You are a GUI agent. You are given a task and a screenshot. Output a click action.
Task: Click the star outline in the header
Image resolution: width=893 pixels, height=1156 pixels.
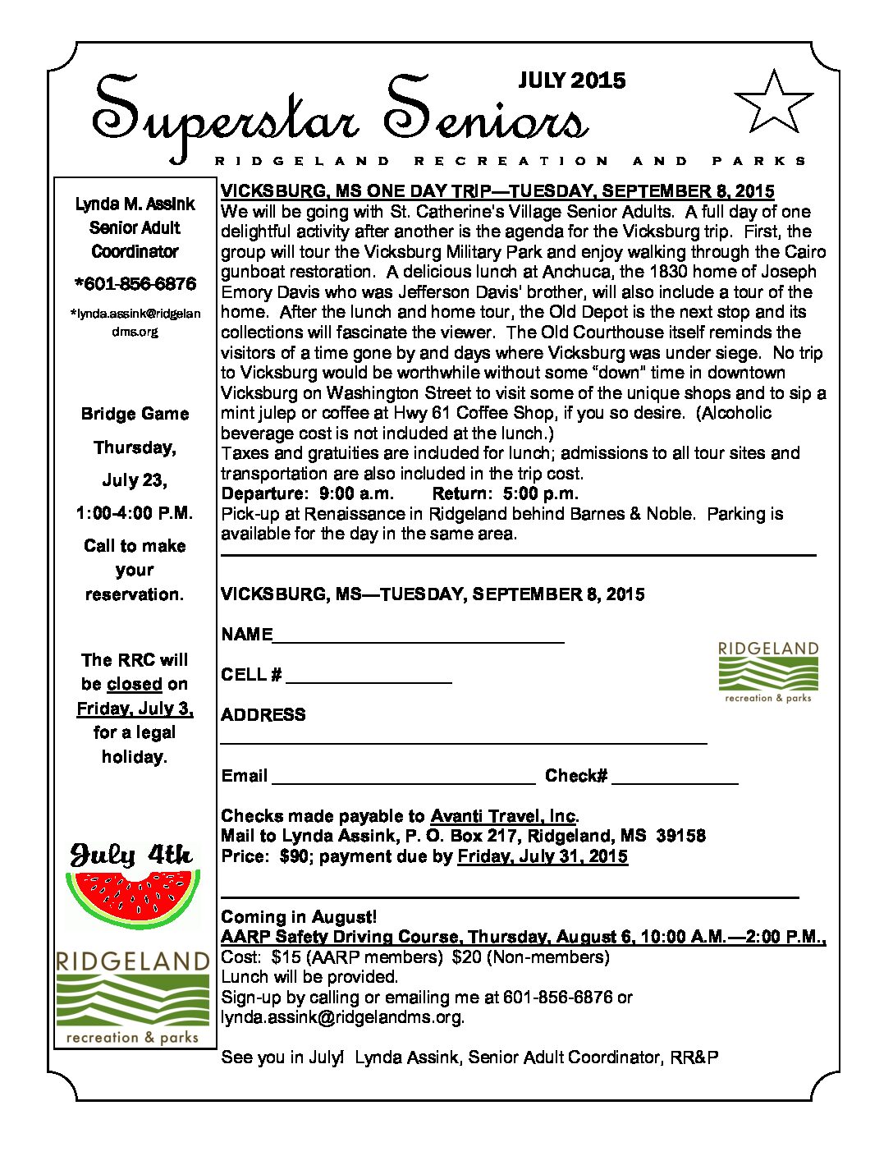[772, 103]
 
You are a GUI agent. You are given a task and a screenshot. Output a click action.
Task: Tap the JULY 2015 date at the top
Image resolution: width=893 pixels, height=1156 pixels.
[572, 80]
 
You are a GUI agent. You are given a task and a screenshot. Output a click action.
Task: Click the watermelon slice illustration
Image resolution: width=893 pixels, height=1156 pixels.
[133, 897]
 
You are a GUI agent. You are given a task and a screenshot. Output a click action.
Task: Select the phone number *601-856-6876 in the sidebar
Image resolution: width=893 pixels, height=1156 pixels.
[135, 284]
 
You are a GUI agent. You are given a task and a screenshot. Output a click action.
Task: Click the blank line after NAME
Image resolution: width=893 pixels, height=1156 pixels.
[419, 639]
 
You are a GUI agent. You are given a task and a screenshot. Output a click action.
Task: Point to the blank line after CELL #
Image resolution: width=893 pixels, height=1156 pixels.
[369, 680]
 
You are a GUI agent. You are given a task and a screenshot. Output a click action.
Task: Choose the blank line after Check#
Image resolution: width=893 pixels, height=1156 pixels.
[675, 781]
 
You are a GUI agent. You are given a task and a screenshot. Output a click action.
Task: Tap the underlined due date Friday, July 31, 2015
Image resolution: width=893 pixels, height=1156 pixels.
[543, 856]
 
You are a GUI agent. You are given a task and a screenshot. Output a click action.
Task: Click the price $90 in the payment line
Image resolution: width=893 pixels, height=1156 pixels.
[295, 856]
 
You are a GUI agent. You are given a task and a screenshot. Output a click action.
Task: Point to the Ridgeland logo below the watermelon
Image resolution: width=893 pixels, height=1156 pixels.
[133, 998]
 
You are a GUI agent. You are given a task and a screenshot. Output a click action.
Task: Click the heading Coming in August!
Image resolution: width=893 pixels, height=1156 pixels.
[299, 917]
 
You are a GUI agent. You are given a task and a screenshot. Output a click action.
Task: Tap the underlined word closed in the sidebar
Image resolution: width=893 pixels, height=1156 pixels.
[135, 684]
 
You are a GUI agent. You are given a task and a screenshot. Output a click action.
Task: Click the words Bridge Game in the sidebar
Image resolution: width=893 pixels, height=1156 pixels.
[135, 414]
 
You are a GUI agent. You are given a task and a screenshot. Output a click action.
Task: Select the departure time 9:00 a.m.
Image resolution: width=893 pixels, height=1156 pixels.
[356, 493]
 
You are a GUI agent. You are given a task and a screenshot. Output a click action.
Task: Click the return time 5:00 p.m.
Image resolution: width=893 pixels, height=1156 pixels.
[541, 493]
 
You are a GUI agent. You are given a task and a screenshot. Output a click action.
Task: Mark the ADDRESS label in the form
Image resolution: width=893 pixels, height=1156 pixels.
[263, 715]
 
